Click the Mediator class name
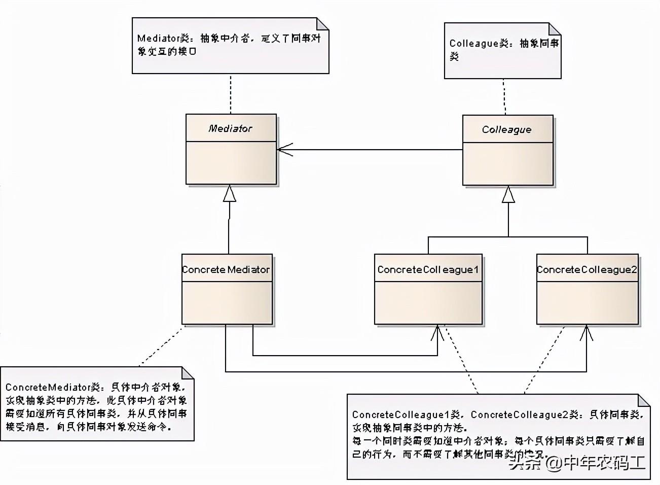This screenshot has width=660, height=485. (230, 128)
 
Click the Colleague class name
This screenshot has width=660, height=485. (506, 129)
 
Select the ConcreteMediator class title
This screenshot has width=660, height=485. (226, 269)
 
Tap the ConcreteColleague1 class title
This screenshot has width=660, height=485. (428, 269)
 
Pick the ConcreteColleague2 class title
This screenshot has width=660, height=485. (587, 269)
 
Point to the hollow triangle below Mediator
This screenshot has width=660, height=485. (230, 193)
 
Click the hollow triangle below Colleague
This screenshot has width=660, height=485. (508, 194)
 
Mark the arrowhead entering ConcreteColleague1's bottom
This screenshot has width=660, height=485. (437, 332)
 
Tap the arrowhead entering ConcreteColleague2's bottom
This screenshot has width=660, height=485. (586, 332)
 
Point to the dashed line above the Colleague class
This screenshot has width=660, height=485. (504, 96)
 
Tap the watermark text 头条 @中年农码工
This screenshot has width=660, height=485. (577, 462)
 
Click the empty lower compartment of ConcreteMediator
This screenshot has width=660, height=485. (227, 302)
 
